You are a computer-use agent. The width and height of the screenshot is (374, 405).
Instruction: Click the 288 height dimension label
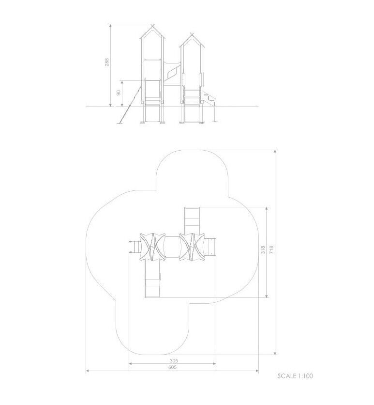(x=107, y=62)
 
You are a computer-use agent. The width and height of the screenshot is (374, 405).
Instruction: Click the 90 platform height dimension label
(x=119, y=93)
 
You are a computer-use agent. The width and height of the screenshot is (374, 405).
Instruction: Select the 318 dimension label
(x=263, y=250)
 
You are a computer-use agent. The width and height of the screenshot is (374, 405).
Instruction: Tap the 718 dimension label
(x=271, y=250)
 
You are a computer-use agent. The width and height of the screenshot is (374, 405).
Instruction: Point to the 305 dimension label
(x=174, y=361)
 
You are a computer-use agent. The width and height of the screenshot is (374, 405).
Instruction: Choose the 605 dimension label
(x=173, y=367)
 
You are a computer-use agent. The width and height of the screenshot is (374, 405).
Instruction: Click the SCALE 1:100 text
(x=295, y=376)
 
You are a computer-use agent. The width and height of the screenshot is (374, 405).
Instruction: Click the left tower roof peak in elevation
(x=153, y=26)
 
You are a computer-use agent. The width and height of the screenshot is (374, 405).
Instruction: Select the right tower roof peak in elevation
(x=192, y=35)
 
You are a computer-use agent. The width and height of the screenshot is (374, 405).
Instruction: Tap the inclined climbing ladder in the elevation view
(x=130, y=104)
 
